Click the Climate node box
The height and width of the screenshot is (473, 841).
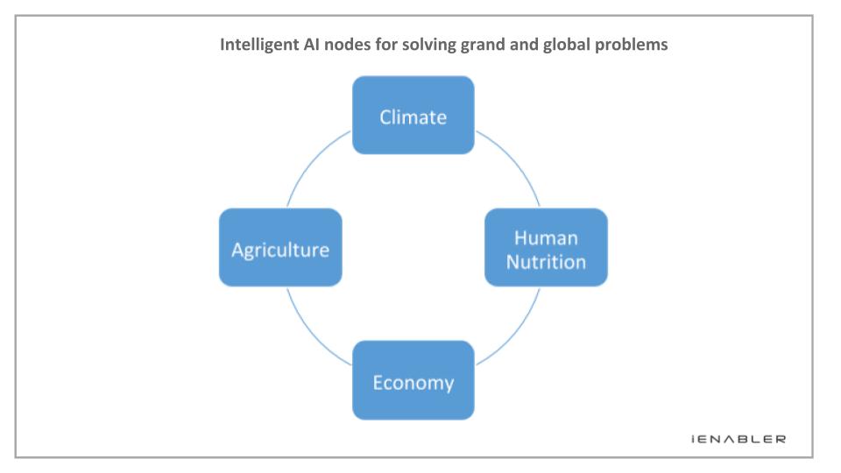pos(413,116)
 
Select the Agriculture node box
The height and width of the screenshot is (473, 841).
pos(280,247)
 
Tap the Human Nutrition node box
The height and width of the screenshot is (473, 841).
pos(546,247)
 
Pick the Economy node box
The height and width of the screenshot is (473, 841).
pos(413,380)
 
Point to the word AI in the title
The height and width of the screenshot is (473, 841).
pos(311,44)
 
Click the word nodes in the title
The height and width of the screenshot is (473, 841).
pos(347,44)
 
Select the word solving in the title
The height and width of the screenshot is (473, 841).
pos(429,45)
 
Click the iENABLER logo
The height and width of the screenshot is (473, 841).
pos(739,439)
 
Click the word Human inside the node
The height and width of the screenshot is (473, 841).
pos(546,237)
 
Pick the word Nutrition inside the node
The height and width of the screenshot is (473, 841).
pos(546,262)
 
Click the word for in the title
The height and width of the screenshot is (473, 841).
pos(386,44)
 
